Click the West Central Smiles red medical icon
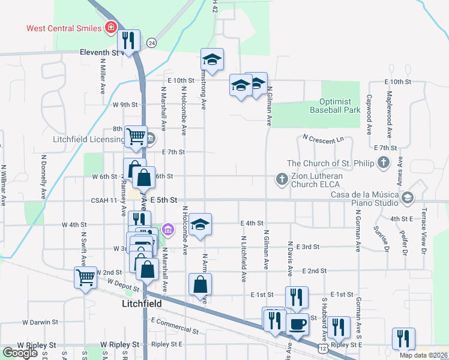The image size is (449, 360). [x=111, y=28]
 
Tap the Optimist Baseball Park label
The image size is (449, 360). [x=335, y=106]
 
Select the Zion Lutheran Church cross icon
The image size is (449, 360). [x=281, y=178]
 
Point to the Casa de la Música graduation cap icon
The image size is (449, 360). [x=408, y=197]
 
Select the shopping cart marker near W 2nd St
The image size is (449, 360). [x=85, y=278]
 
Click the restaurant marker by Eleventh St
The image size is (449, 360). [x=128, y=40]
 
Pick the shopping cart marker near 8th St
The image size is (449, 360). [x=136, y=136]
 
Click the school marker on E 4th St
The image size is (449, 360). [x=200, y=224]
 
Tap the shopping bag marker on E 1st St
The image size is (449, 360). [x=200, y=285]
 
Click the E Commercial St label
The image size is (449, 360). [x=175, y=326]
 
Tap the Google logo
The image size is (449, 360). [x=20, y=353]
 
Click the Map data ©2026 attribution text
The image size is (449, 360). [x=423, y=355]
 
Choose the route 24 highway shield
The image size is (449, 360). [x=151, y=43]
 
